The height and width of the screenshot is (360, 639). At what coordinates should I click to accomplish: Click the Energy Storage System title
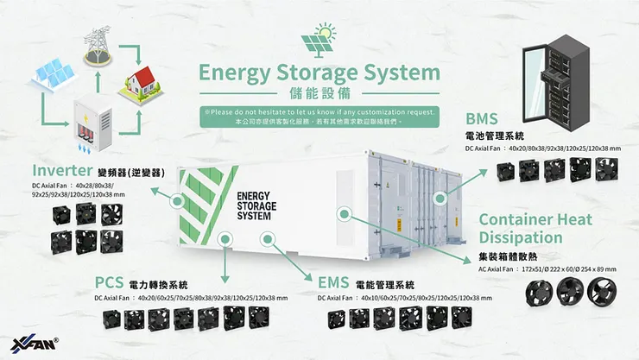click(x=319, y=73)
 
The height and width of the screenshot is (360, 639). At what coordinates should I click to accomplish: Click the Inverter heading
click(x=62, y=170)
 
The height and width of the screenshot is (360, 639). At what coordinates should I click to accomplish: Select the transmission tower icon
click(x=96, y=45)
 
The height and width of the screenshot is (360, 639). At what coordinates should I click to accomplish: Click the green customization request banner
click(x=318, y=117)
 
